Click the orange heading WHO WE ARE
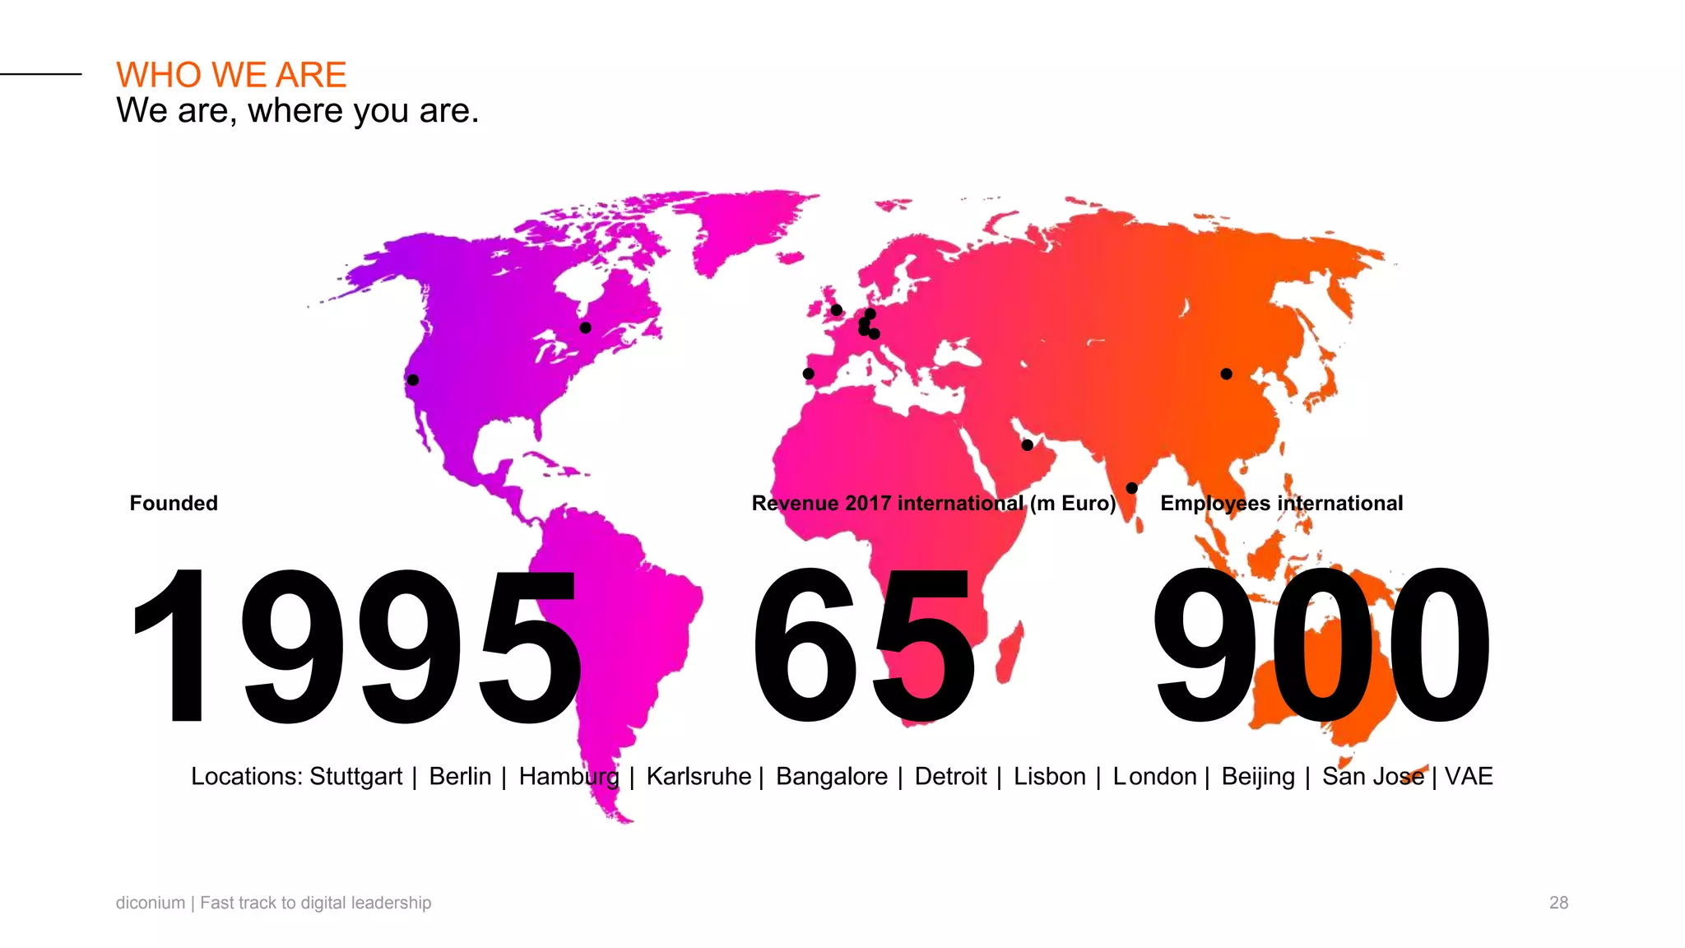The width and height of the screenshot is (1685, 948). [x=231, y=75]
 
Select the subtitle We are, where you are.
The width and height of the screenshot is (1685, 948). [x=297, y=110]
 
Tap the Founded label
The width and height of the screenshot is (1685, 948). [x=174, y=503]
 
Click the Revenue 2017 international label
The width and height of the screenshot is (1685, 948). [x=934, y=503]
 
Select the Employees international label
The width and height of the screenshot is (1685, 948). [x=1281, y=503]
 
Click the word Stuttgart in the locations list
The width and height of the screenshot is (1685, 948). [x=355, y=776]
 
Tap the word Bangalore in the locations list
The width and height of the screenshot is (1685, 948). [x=831, y=776]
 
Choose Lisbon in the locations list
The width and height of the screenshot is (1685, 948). [x=1049, y=776]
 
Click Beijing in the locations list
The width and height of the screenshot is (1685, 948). [x=1257, y=776]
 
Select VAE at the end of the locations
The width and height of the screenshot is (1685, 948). [x=1469, y=776]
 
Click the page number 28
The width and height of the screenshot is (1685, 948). [x=1558, y=903]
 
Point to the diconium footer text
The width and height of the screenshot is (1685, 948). [x=273, y=903]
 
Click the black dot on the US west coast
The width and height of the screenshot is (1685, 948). [x=413, y=380]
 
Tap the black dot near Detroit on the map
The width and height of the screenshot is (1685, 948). [x=586, y=328]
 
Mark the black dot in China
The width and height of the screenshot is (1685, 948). [x=1226, y=374]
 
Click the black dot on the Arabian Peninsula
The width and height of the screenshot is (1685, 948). [x=1027, y=445]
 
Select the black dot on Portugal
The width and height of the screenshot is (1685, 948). [x=809, y=374]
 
